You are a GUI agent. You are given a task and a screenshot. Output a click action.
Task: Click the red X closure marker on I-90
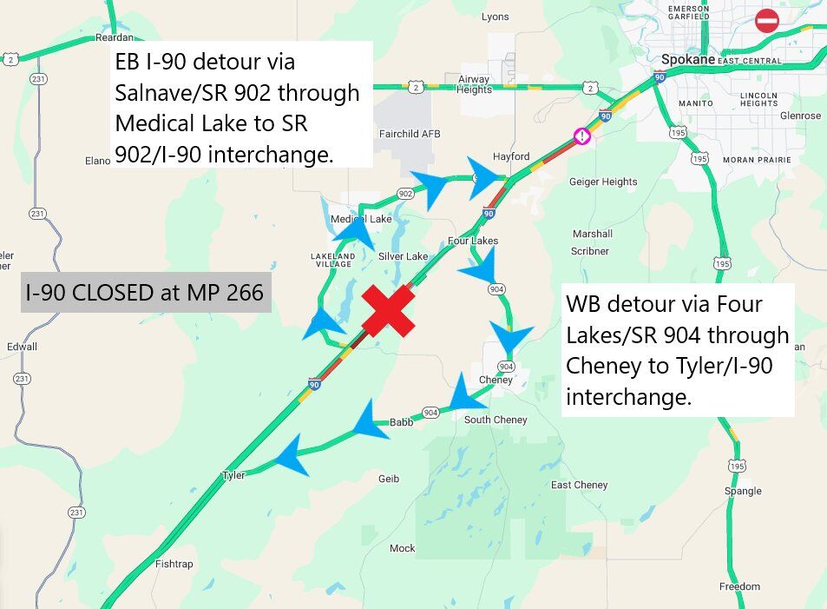[389, 310]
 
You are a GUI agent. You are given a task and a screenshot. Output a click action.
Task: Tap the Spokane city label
[686, 60]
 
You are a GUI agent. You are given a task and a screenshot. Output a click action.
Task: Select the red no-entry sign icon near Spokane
[767, 21]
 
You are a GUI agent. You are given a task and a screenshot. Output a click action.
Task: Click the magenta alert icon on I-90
[581, 136]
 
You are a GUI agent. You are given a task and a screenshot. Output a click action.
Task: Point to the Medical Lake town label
[361, 219]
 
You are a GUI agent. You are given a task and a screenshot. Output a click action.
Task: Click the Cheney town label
[496, 380]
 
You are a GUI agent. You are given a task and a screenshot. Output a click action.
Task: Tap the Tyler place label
[233, 475]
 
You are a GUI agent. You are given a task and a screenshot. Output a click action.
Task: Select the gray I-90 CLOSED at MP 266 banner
[146, 293]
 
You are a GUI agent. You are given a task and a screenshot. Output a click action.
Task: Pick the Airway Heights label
[474, 83]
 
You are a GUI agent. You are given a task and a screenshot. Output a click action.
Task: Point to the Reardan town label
[115, 37]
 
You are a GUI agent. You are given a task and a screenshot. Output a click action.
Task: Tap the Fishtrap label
[174, 564]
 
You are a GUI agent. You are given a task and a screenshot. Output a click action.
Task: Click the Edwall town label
[22, 347]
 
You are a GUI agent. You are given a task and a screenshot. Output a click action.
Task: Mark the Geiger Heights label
[602, 182]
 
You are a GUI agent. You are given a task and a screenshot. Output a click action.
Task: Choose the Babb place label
[401, 422]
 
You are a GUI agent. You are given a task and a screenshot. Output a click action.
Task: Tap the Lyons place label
[496, 17]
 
